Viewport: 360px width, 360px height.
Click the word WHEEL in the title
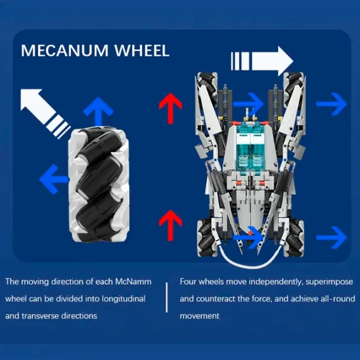point(143,50)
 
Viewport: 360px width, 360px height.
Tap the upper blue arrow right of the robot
point(331,104)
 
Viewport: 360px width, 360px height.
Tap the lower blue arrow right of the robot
point(331,236)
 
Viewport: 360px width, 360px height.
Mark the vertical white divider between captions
point(167,297)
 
